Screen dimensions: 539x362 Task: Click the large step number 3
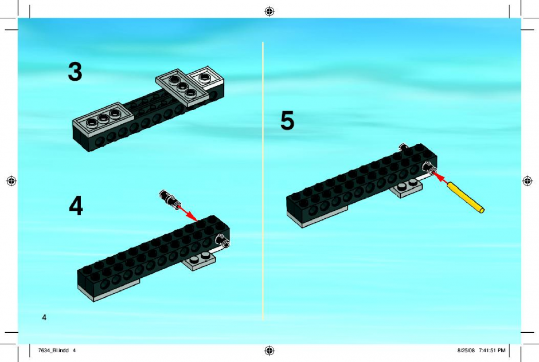75,72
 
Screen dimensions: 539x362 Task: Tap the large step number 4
76,206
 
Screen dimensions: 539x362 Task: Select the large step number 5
287,120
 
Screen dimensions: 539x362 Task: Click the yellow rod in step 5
466,198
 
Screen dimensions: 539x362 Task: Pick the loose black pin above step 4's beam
169,198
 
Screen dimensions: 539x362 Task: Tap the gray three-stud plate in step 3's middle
181,87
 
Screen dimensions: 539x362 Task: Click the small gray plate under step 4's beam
200,261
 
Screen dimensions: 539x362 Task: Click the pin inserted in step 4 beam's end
222,241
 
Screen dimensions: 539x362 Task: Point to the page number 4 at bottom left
44,317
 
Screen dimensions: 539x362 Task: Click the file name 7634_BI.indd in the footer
54,351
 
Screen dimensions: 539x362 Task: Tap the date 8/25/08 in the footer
466,351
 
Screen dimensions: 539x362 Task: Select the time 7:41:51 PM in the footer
492,351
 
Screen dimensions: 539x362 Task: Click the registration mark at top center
269,11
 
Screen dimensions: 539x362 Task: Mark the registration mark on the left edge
11,180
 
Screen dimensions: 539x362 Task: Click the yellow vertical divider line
263,181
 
